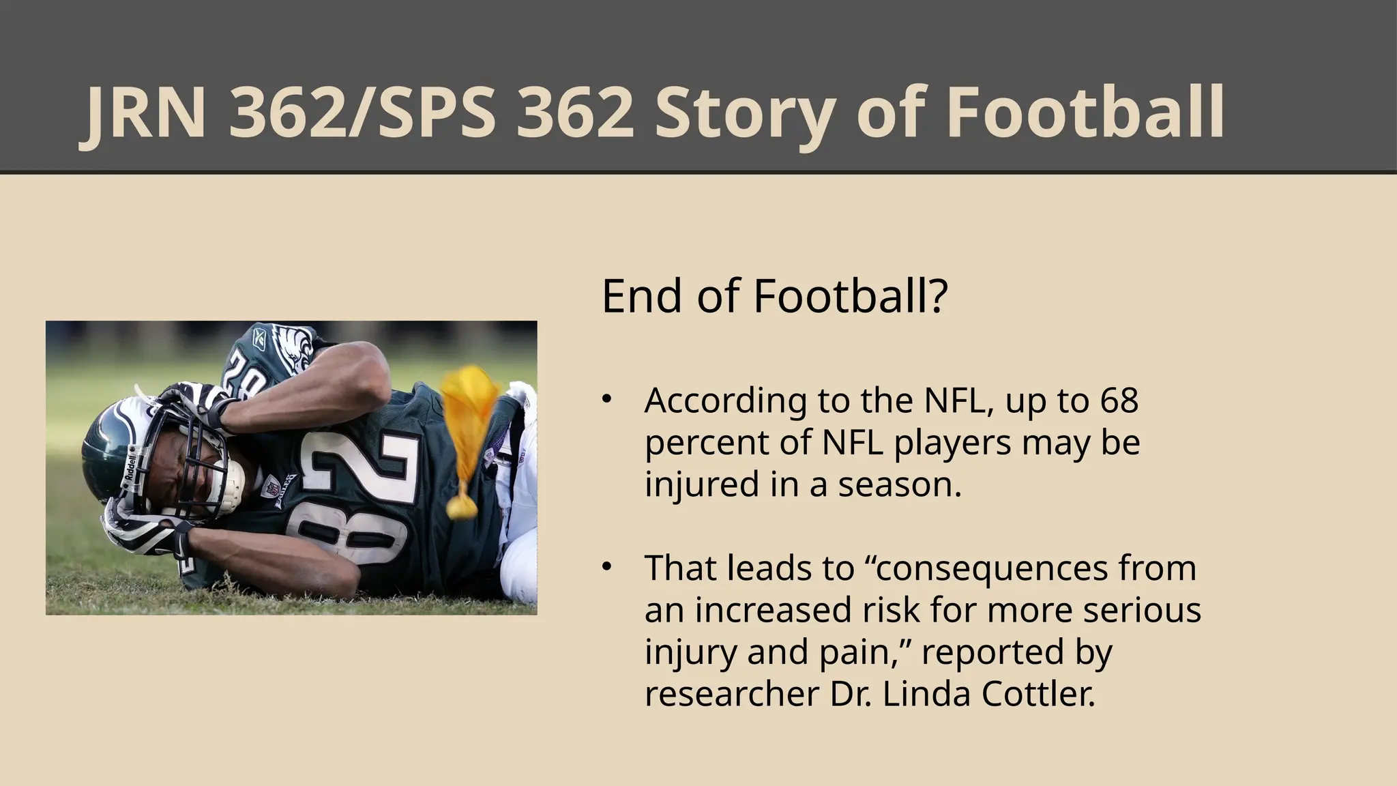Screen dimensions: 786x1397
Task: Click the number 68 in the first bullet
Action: (x=1119, y=401)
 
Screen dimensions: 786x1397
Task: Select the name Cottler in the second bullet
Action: (x=1038, y=695)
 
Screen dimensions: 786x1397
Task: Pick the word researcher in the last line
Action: (x=732, y=695)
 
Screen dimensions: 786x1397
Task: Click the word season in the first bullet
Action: (x=900, y=485)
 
